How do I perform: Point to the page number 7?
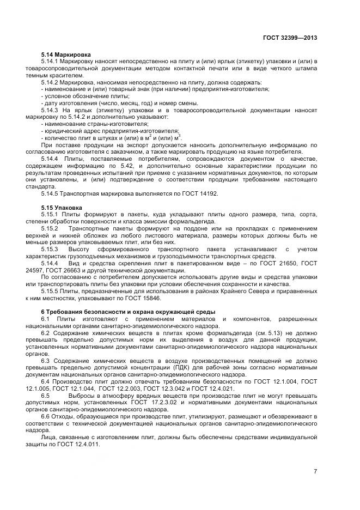click(315, 471)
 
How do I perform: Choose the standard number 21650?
click(288, 263)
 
